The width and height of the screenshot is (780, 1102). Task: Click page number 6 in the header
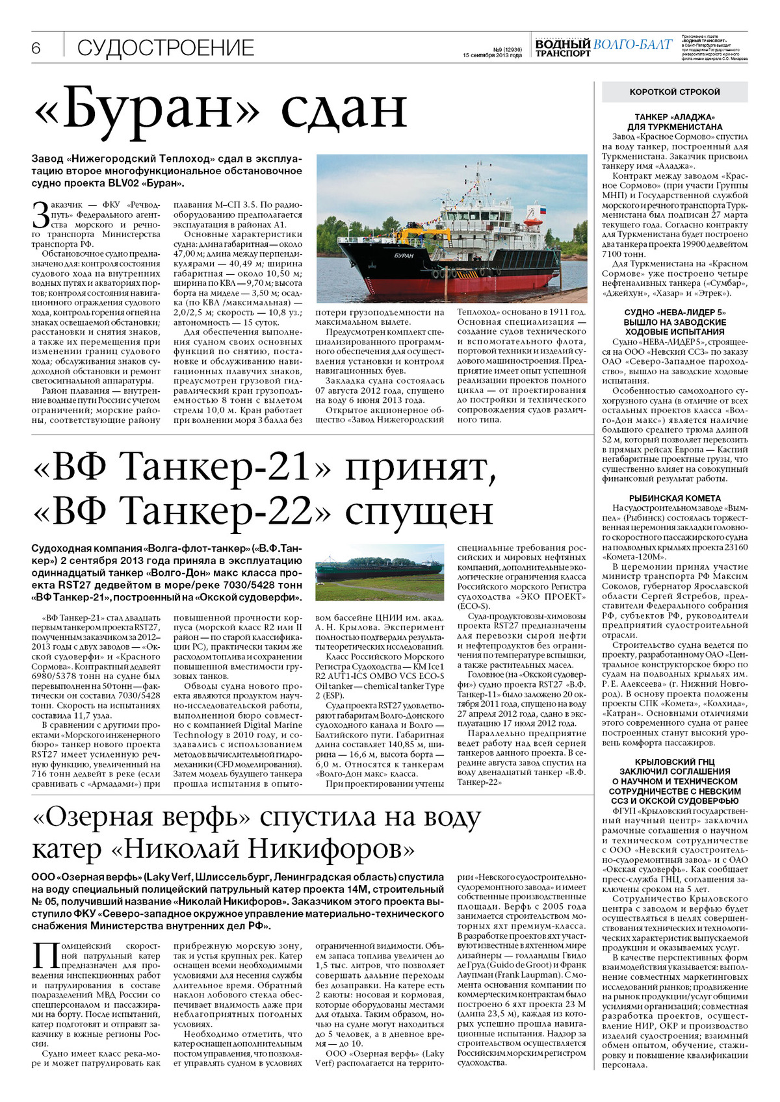[36, 48]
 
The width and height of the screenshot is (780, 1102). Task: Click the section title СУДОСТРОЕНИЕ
[166, 48]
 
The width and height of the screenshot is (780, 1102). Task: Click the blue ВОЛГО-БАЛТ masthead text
[632, 44]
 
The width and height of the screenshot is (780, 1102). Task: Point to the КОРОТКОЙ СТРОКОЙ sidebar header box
[675, 92]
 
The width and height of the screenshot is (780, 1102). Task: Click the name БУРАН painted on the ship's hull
[404, 255]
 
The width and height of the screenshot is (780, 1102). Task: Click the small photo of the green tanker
[380, 571]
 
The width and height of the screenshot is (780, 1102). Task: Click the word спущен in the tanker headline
[419, 512]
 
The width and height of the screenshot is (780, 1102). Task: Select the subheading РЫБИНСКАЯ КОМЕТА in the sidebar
[675, 498]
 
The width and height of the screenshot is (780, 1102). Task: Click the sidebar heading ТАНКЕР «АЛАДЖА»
[675, 117]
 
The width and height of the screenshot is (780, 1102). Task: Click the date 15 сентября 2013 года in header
[492, 55]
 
